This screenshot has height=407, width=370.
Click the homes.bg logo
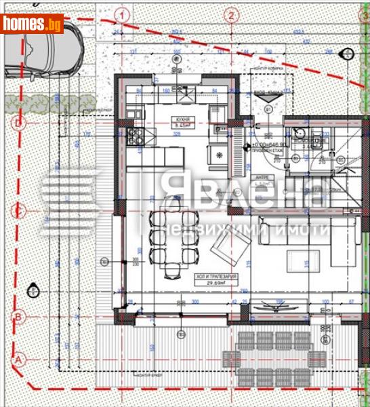coord(32,24)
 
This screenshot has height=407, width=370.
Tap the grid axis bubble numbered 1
coord(121,14)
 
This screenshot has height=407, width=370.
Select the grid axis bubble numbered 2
coord(232,14)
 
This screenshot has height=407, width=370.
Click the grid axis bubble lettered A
coord(19,358)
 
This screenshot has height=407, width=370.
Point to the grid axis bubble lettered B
coord(19,317)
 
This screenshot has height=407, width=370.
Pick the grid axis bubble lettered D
coord(19,123)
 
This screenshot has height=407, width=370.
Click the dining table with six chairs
coord(173,239)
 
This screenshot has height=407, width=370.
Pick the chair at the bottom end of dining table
coord(173,271)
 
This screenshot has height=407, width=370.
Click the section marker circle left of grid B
coord(32,291)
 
